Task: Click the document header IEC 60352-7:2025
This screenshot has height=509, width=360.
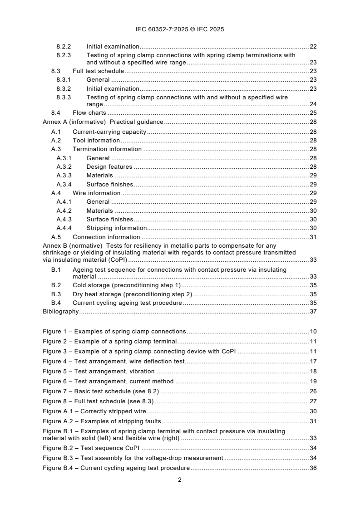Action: point(180,29)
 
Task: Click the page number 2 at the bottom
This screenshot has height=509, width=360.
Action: point(180,480)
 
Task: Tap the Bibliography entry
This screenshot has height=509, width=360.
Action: point(60,312)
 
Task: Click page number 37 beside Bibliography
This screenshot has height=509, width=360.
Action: point(313,312)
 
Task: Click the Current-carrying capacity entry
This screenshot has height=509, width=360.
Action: point(109,132)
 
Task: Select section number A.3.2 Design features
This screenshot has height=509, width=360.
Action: point(64,167)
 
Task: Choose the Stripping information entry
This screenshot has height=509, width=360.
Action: point(117,228)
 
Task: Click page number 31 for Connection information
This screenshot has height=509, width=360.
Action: point(313,237)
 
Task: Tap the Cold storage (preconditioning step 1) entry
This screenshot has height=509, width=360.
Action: point(127,285)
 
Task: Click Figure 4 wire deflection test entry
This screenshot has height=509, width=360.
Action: point(113,362)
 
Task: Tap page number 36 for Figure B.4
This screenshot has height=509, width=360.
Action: point(313,468)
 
